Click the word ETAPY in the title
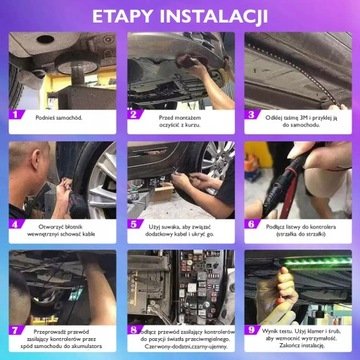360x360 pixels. pos(125,18)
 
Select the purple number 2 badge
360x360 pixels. pos(133,115)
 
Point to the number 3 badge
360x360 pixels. pos(251,115)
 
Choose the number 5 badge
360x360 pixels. pos(133,225)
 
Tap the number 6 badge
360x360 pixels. pos(251,225)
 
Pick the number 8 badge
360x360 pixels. pos(133,329)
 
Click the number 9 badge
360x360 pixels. pos(251,329)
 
